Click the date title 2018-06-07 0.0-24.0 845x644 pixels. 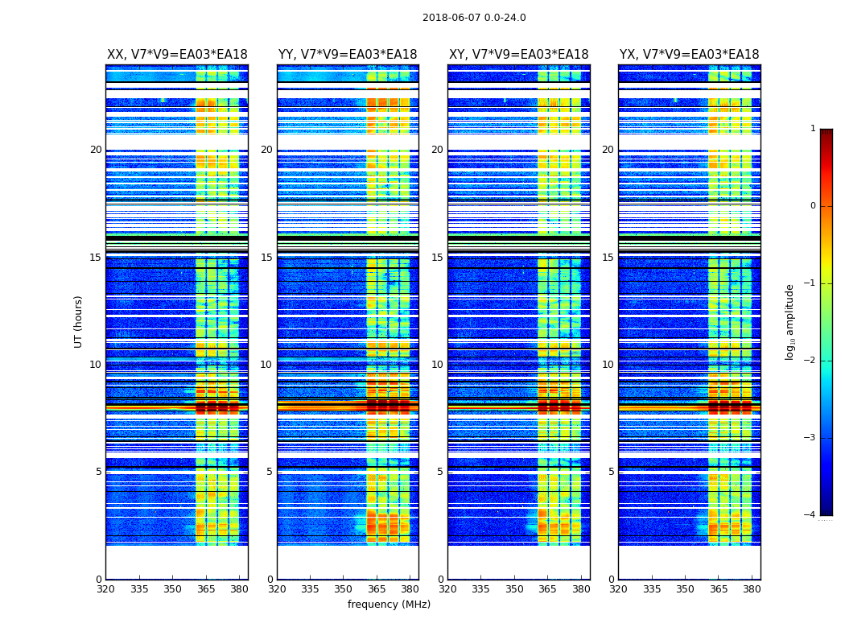(x=474, y=18)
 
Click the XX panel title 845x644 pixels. (x=177, y=55)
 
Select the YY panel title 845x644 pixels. (x=348, y=55)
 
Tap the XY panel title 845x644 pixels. (x=519, y=55)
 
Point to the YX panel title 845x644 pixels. (x=690, y=55)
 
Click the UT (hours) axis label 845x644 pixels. (x=79, y=321)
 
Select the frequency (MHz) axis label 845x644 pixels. (x=389, y=605)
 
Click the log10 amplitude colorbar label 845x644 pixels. (x=790, y=321)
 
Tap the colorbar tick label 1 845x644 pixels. (x=813, y=129)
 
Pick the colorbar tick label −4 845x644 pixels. (x=810, y=515)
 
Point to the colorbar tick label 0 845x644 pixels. (x=813, y=206)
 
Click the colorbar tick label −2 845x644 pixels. (x=810, y=361)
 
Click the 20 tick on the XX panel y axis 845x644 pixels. (x=96, y=150)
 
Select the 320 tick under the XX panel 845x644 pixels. (x=105, y=589)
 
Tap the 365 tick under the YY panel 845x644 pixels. (x=377, y=589)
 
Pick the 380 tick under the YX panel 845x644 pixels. (x=752, y=589)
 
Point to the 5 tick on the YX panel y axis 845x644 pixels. (x=611, y=472)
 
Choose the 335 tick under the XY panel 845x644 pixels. (x=481, y=589)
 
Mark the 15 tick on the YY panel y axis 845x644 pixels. (x=266, y=258)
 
